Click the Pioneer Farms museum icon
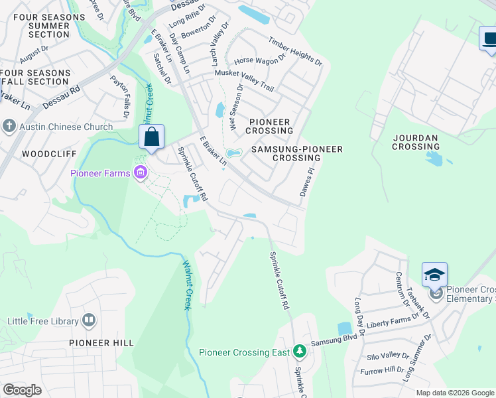pos(140,174)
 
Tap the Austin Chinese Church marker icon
pos(9,126)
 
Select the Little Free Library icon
pos(89,321)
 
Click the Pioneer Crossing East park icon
pos(300,350)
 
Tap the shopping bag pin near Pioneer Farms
pos(152,138)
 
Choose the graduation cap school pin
pos(434,275)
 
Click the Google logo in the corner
pos(22,390)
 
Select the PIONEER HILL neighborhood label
pos(101,343)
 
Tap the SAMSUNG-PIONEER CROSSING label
pos(296,154)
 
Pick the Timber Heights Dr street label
pos(295,51)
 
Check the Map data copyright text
pos(454,393)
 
